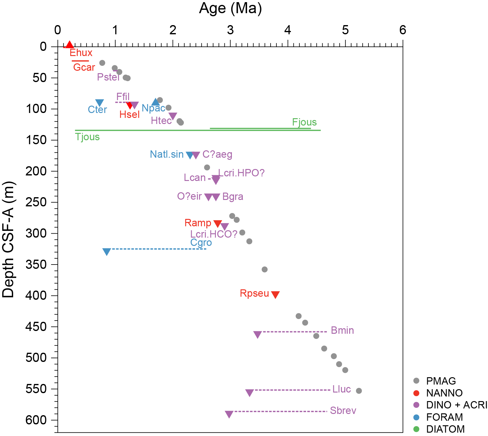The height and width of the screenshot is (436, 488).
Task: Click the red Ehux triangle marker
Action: pyautogui.click(x=70, y=45)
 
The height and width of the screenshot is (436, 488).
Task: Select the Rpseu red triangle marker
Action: pyautogui.click(x=275, y=294)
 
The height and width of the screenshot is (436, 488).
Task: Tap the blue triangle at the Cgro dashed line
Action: pyautogui.click(x=106, y=252)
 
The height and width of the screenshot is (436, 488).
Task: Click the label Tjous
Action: pyautogui.click(x=87, y=137)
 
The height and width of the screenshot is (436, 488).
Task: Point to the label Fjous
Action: pyautogui.click(x=304, y=122)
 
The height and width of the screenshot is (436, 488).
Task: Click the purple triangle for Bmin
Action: pyautogui.click(x=257, y=334)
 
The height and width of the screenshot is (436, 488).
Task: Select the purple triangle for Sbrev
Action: pyautogui.click(x=229, y=414)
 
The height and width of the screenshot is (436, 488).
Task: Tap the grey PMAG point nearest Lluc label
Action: pyautogui.click(x=359, y=391)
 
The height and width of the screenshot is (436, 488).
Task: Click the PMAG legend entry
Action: pyautogui.click(x=441, y=381)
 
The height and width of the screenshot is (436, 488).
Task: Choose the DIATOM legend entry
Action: pyautogui.click(x=445, y=429)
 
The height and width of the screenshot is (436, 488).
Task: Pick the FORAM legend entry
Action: pyautogui.click(x=444, y=417)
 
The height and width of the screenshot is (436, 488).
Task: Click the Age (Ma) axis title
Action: pyautogui.click(x=230, y=8)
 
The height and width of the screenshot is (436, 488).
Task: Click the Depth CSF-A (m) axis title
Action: pyautogui.click(x=8, y=239)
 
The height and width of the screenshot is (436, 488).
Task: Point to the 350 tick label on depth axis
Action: pyautogui.click(x=36, y=265)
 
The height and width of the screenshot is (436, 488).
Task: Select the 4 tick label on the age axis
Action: pyautogui.click(x=288, y=30)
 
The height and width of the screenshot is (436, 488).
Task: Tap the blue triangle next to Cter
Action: pyautogui.click(x=99, y=103)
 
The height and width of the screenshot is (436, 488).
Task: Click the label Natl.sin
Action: pyautogui.click(x=167, y=154)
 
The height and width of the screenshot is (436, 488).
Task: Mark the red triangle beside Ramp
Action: pyautogui.click(x=217, y=224)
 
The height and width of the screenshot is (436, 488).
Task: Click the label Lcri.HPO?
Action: pyautogui.click(x=241, y=173)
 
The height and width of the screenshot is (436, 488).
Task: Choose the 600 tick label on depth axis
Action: pyautogui.click(x=36, y=420)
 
